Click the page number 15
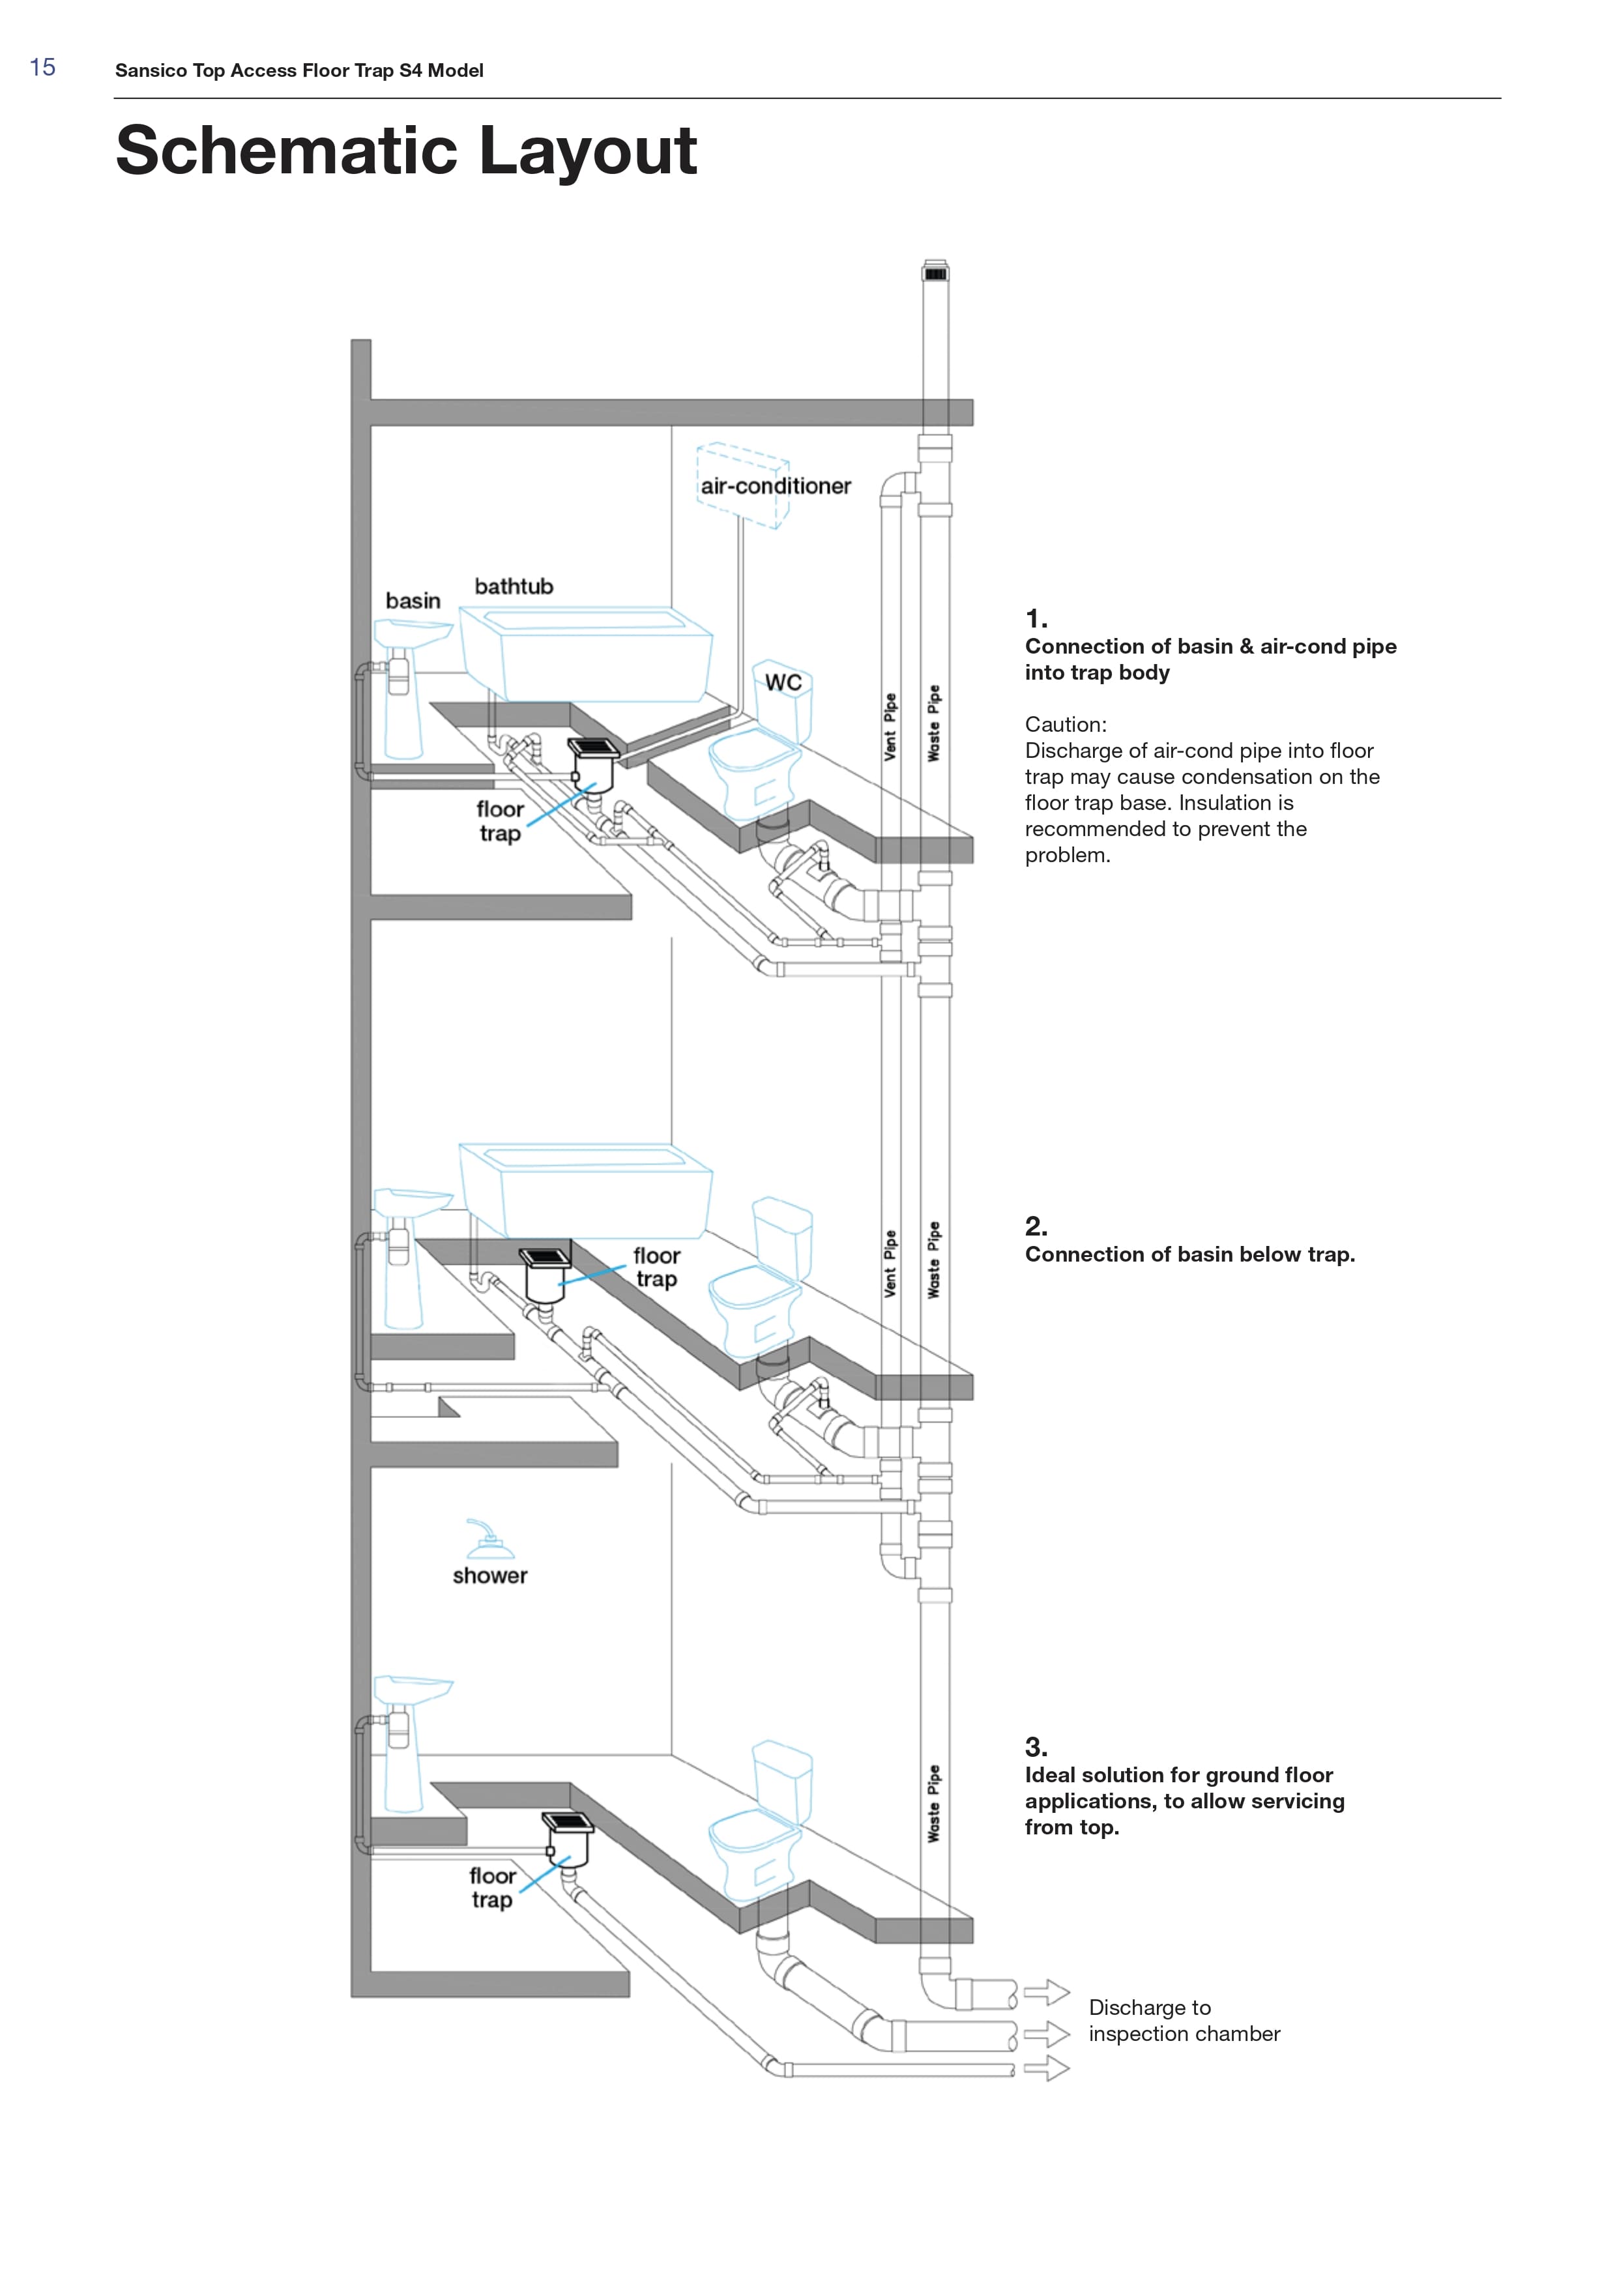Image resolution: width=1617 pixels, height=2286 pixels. [x=43, y=68]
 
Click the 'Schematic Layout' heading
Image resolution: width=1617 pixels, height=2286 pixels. [x=406, y=151]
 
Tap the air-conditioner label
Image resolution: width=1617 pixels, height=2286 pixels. [x=776, y=486]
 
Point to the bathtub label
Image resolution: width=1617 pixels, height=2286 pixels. [x=514, y=586]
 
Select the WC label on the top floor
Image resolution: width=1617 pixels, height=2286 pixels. [x=783, y=682]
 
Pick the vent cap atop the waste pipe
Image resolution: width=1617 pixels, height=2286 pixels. [x=936, y=271]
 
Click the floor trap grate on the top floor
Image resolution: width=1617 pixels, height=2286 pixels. [x=594, y=747]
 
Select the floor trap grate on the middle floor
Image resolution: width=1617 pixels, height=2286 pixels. [x=545, y=1258]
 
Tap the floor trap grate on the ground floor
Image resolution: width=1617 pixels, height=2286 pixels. [x=568, y=1822]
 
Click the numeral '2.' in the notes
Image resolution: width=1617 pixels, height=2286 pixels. [x=1036, y=1226]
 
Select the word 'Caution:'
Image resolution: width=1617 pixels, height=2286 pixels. [x=1066, y=725]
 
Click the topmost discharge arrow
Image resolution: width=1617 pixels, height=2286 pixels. [x=1047, y=1993]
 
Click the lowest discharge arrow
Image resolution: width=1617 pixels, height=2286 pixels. [x=1047, y=2069]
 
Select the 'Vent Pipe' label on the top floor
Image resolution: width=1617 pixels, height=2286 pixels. [x=890, y=727]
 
